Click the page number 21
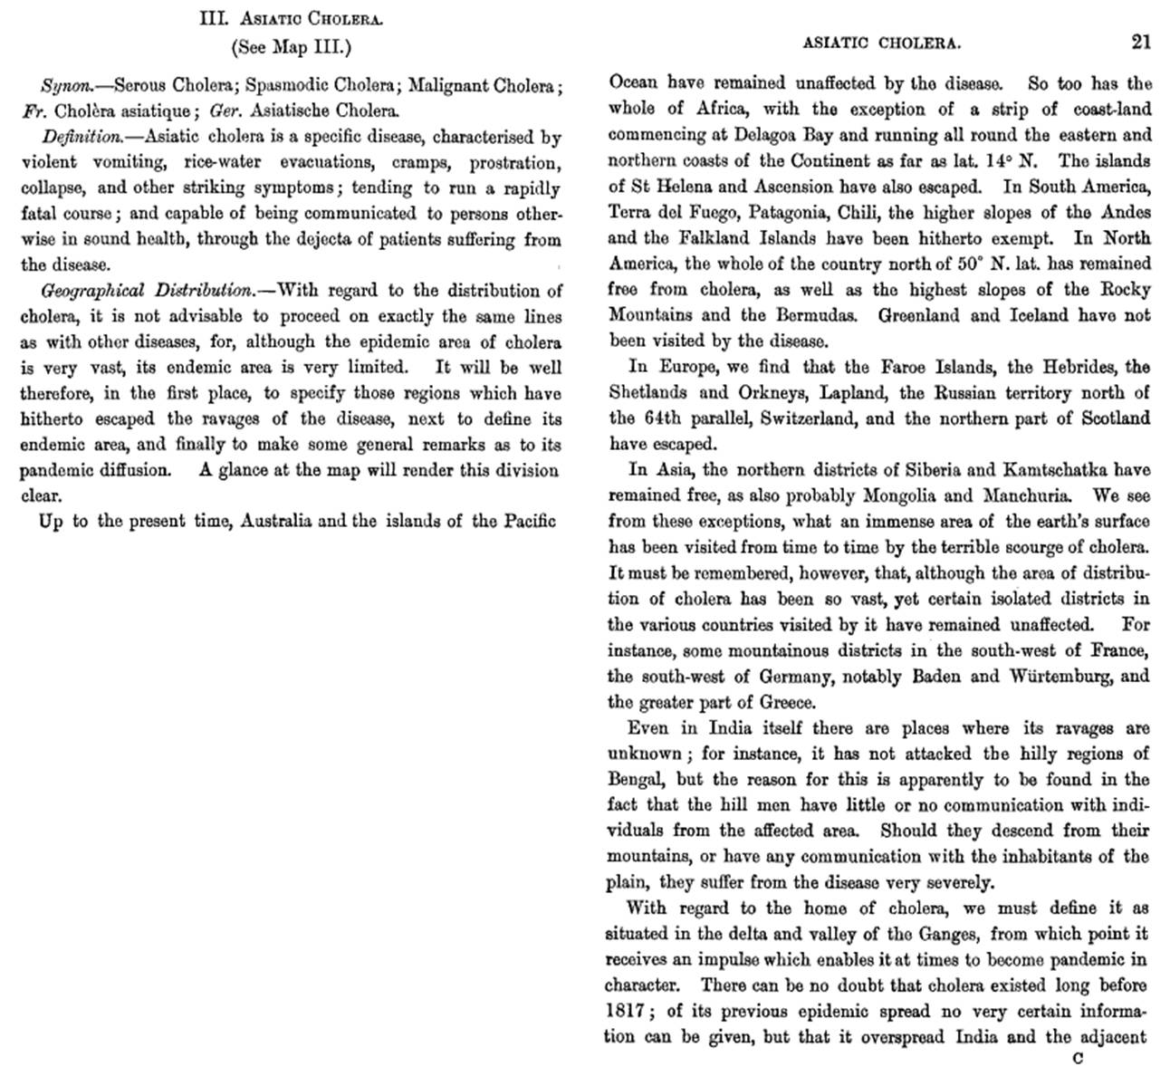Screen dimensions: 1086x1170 (1140, 42)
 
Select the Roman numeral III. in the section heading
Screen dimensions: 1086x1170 (211, 19)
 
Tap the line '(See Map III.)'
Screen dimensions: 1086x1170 (291, 46)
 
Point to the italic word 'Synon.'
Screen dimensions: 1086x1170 (66, 87)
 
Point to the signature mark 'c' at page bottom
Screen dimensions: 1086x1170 (1078, 1058)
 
